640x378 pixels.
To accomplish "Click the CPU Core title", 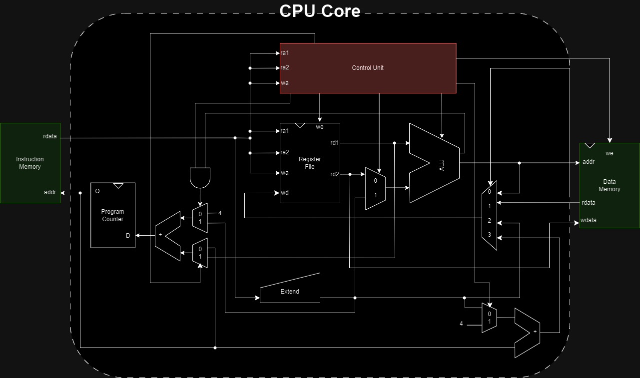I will coord(320,11).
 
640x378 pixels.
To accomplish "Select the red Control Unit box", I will coord(368,68).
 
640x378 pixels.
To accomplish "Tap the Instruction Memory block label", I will coord(30,163).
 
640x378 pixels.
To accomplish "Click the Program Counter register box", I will coord(112,215).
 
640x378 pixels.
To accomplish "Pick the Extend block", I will coord(290,291).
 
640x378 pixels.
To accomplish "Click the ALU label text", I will coord(442,165).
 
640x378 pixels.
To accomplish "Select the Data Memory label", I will coord(609,185).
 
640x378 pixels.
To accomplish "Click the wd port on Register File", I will coord(285,193).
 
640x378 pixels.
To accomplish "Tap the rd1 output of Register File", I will coord(335,143).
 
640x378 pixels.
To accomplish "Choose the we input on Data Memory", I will coord(609,153).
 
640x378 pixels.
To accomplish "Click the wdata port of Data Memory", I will coord(588,220).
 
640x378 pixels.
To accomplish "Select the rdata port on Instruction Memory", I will coord(50,136).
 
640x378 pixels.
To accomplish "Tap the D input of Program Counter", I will coord(128,236).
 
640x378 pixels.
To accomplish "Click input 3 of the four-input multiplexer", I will coord(490,235).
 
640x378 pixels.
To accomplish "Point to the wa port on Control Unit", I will coord(284,83).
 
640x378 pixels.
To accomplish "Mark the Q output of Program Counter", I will coord(97,191).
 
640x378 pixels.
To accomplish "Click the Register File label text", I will coord(310,163).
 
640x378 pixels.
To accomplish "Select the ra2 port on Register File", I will coord(285,152).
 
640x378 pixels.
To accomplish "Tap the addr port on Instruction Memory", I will coord(50,192).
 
